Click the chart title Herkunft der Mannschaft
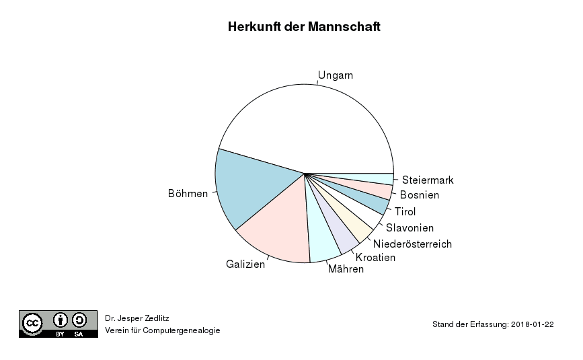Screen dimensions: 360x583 pos(304,28)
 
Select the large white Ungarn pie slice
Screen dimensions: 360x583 pos(309,124)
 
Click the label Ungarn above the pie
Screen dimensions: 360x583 pos(336,75)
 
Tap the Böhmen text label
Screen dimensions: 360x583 pos(188,194)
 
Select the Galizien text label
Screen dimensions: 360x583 pos(245,264)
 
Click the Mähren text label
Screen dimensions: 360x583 pos(346,269)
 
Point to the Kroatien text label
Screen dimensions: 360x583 pos(375,258)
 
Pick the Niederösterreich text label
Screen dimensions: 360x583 pos(412,244)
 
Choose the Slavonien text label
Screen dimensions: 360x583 pos(410,228)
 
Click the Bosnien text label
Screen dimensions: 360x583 pos(420,196)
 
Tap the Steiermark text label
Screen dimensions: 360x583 pos(428,180)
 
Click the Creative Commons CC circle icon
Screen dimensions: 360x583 pos(33,324)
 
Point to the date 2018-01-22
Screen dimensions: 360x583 pos(532,324)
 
